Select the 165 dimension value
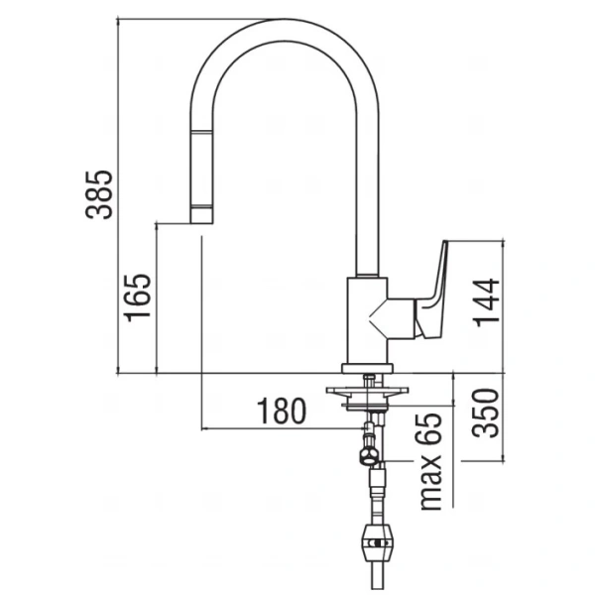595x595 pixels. coord(138,297)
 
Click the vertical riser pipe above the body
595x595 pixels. coord(364,198)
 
